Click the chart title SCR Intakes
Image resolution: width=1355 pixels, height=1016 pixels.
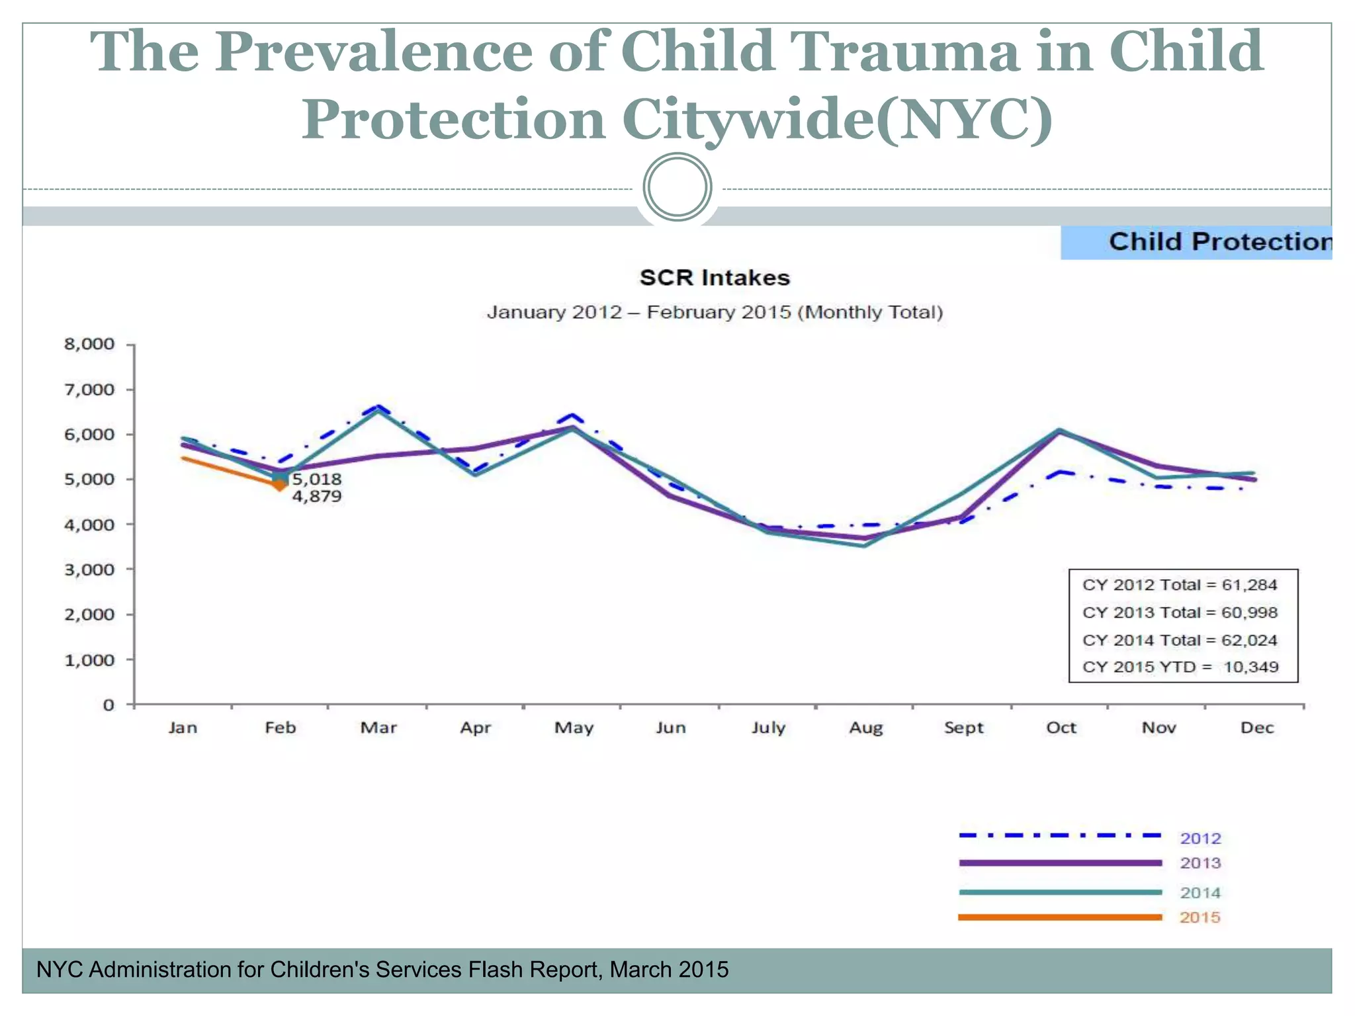(x=715, y=278)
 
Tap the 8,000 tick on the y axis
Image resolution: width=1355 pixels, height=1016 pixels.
(x=89, y=344)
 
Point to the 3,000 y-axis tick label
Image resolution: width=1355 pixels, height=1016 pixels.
(x=89, y=570)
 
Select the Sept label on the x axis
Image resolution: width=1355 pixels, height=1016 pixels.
(x=963, y=728)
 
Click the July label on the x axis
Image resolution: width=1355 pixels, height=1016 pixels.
(x=768, y=728)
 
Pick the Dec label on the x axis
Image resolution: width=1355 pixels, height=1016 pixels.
(x=1256, y=728)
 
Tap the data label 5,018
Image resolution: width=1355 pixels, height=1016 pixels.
(x=317, y=479)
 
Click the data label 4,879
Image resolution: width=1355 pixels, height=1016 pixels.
(x=317, y=496)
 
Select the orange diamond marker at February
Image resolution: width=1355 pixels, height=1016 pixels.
(x=281, y=486)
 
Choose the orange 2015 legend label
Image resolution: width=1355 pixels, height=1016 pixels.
(x=1200, y=917)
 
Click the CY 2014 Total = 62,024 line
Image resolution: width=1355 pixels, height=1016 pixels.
(x=1179, y=640)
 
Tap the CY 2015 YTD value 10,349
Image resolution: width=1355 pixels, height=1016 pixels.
(x=1250, y=667)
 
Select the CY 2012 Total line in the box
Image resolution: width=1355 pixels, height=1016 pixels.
(x=1179, y=585)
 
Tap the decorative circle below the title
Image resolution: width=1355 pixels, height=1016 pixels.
(x=677, y=187)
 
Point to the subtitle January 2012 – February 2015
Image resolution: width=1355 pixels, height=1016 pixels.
(x=715, y=312)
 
